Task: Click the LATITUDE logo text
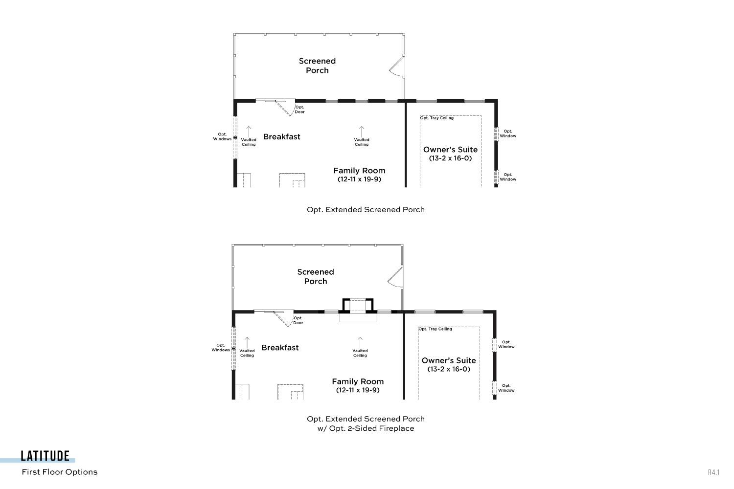45,456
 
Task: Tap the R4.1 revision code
713,472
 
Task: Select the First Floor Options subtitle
60,472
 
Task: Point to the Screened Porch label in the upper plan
317,66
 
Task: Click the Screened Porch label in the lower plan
316,276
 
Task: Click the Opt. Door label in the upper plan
299,110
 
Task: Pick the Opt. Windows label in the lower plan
221,348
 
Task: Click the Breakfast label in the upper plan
281,136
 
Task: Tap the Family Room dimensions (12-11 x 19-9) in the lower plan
358,390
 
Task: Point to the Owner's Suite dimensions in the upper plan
450,158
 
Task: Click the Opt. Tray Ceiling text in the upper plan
437,118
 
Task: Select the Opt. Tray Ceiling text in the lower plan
435,329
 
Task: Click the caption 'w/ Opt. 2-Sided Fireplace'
366,428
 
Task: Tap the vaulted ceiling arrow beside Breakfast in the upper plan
249,132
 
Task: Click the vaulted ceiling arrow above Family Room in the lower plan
360,343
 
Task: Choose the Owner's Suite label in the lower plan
449,360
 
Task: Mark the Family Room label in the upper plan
360,171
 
